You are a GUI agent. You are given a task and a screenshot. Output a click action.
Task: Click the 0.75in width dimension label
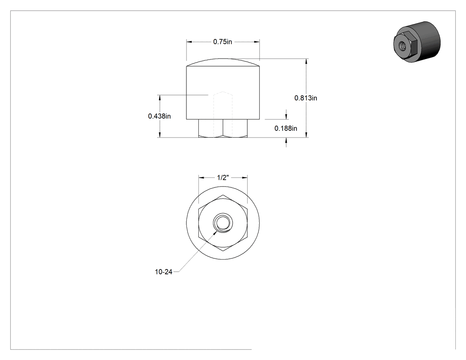(223, 42)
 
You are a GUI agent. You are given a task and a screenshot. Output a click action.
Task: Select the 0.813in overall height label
(305, 98)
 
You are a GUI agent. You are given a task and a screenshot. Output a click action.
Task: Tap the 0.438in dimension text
(159, 116)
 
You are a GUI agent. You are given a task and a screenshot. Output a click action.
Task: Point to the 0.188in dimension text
(286, 128)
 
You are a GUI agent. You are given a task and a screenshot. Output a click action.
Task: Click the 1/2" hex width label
(223, 178)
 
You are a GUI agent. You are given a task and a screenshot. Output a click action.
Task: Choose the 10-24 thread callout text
(163, 272)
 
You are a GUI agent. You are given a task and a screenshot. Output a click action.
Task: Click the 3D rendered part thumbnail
(417, 42)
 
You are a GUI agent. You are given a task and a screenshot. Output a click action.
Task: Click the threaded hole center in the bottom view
(223, 223)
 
